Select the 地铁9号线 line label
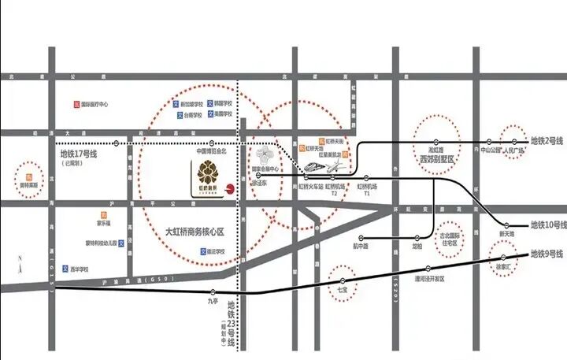click(x=546, y=254)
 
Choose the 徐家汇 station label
click(x=503, y=267)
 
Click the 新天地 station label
click(x=506, y=234)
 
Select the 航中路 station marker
click(x=361, y=237)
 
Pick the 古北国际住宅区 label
click(x=451, y=238)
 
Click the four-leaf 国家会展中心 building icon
click(x=263, y=154)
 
